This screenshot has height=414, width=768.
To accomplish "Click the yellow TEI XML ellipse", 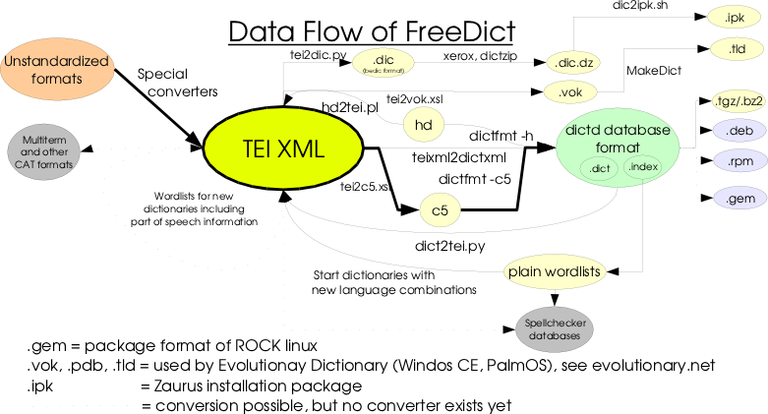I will (283, 148).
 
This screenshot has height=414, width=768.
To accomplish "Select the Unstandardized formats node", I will (57, 70).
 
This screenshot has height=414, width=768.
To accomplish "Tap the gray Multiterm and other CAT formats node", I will (44, 151).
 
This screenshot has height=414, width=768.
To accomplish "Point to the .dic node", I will (383, 59).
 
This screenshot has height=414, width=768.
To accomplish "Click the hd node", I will (424, 125).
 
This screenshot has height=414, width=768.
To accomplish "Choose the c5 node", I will (439, 209).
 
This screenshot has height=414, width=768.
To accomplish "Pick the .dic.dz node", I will (573, 63).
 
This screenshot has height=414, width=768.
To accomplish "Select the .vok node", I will (569, 92).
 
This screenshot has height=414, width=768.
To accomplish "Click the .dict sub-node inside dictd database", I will (600, 168).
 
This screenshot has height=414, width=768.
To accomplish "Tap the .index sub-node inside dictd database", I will (642, 166).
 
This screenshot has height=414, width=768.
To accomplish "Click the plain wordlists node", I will (555, 270).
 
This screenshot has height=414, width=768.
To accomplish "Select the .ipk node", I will (735, 18).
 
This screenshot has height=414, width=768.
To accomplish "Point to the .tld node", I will (735, 48).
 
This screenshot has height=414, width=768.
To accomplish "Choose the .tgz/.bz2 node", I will (738, 100).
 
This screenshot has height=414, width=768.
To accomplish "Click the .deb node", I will (738, 130).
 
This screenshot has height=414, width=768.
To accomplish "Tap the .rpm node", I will (738, 159).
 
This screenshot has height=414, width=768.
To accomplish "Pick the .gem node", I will (738, 198).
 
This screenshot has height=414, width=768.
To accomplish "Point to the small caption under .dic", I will (383, 71).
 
